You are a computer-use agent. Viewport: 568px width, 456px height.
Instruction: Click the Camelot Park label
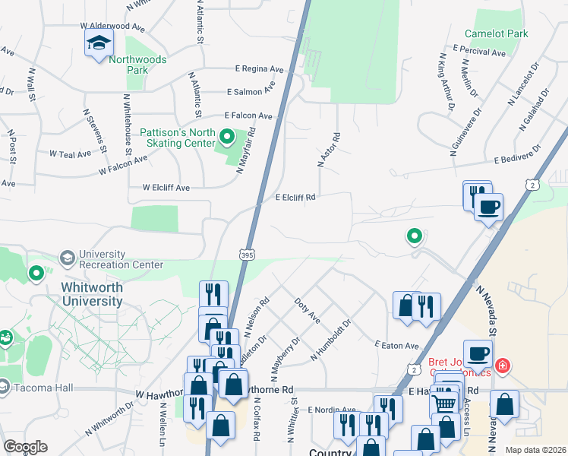tap(519, 33)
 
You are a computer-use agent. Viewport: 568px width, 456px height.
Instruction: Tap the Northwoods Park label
tap(126, 65)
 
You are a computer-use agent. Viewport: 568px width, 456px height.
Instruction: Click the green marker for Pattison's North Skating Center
tap(226, 138)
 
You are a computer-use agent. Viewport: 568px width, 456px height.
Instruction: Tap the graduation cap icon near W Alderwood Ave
tap(99, 44)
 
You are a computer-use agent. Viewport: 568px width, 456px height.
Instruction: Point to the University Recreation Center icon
tap(67, 258)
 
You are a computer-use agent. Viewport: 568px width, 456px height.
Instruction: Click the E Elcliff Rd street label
tap(295, 197)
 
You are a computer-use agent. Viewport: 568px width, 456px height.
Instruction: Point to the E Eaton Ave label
tap(396, 345)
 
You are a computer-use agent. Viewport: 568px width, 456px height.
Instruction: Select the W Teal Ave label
tap(71, 154)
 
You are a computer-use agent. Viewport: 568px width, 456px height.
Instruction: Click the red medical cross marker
tap(502, 367)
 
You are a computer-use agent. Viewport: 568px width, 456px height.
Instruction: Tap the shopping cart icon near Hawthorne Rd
tap(443, 401)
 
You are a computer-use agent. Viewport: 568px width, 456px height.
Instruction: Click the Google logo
tap(25, 447)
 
